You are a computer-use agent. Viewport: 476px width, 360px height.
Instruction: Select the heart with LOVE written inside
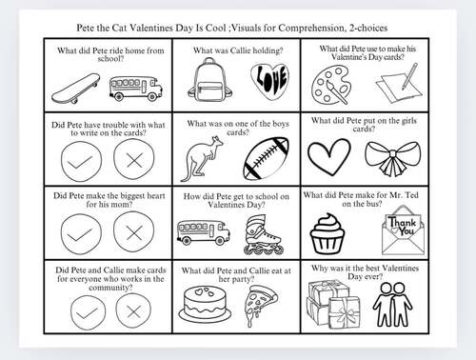pyautogui.click(x=268, y=82)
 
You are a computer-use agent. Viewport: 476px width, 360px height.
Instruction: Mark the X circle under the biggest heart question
pyautogui.click(x=131, y=231)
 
